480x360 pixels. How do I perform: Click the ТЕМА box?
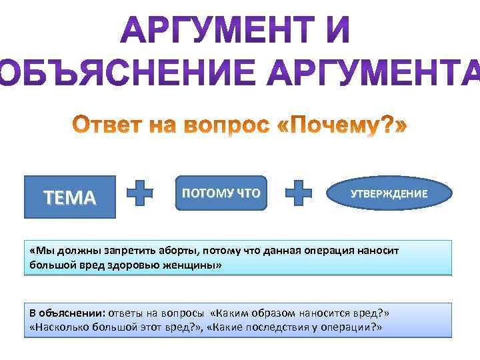click(x=69, y=197)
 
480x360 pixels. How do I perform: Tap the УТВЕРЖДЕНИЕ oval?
click(x=389, y=194)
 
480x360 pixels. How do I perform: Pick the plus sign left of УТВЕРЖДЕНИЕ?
click(x=299, y=193)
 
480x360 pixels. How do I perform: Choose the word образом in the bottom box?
click(x=272, y=313)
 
